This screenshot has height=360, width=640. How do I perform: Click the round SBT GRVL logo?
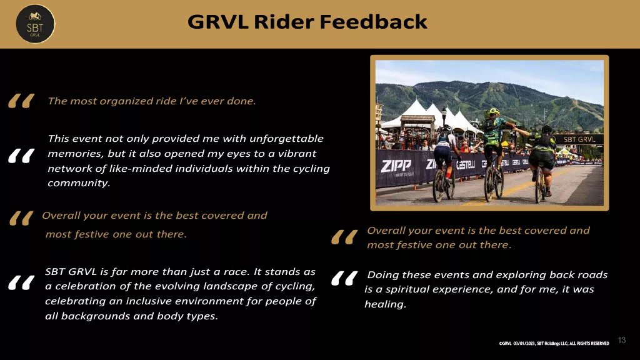35,24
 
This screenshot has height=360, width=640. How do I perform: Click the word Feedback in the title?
374,22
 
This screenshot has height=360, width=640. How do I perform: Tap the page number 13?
622,340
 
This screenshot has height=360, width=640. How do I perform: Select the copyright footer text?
554,343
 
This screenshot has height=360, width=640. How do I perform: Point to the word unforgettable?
286,139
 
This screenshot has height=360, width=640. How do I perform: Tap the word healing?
385,304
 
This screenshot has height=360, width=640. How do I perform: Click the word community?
79,183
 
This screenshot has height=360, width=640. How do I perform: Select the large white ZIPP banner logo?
396,166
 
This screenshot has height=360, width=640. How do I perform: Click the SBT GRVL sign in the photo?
579,139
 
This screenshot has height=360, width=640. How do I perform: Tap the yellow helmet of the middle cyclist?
494,111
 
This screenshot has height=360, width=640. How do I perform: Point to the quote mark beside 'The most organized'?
21,101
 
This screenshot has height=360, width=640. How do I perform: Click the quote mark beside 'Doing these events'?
344,278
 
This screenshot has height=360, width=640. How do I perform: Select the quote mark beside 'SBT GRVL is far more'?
21,283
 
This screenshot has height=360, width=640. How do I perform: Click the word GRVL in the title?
218,22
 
